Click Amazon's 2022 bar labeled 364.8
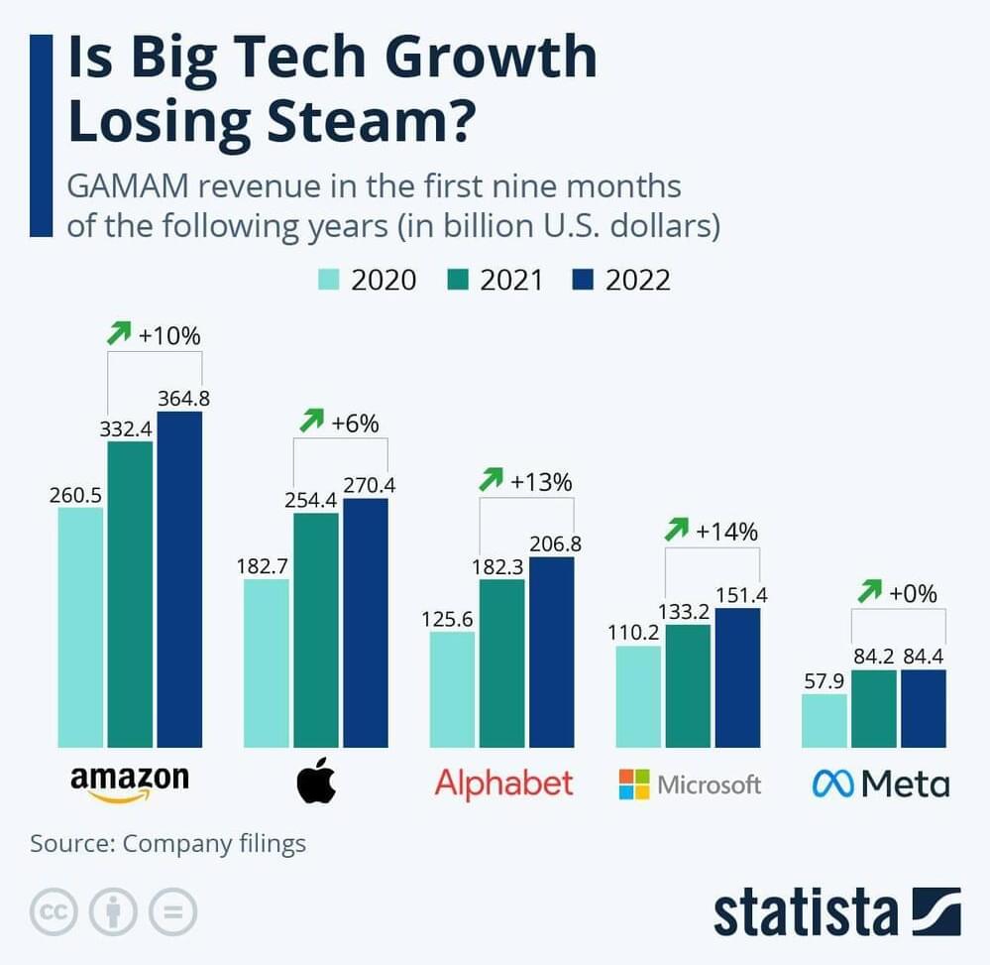click(x=179, y=579)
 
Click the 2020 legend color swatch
click(x=328, y=280)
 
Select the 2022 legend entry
click(x=622, y=280)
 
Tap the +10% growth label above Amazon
click(x=169, y=335)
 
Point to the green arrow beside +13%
click(x=490, y=481)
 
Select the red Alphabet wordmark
click(x=503, y=784)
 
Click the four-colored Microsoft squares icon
click(x=634, y=784)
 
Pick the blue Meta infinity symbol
click(x=832, y=784)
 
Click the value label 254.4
click(x=310, y=501)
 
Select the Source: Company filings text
click(x=167, y=844)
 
